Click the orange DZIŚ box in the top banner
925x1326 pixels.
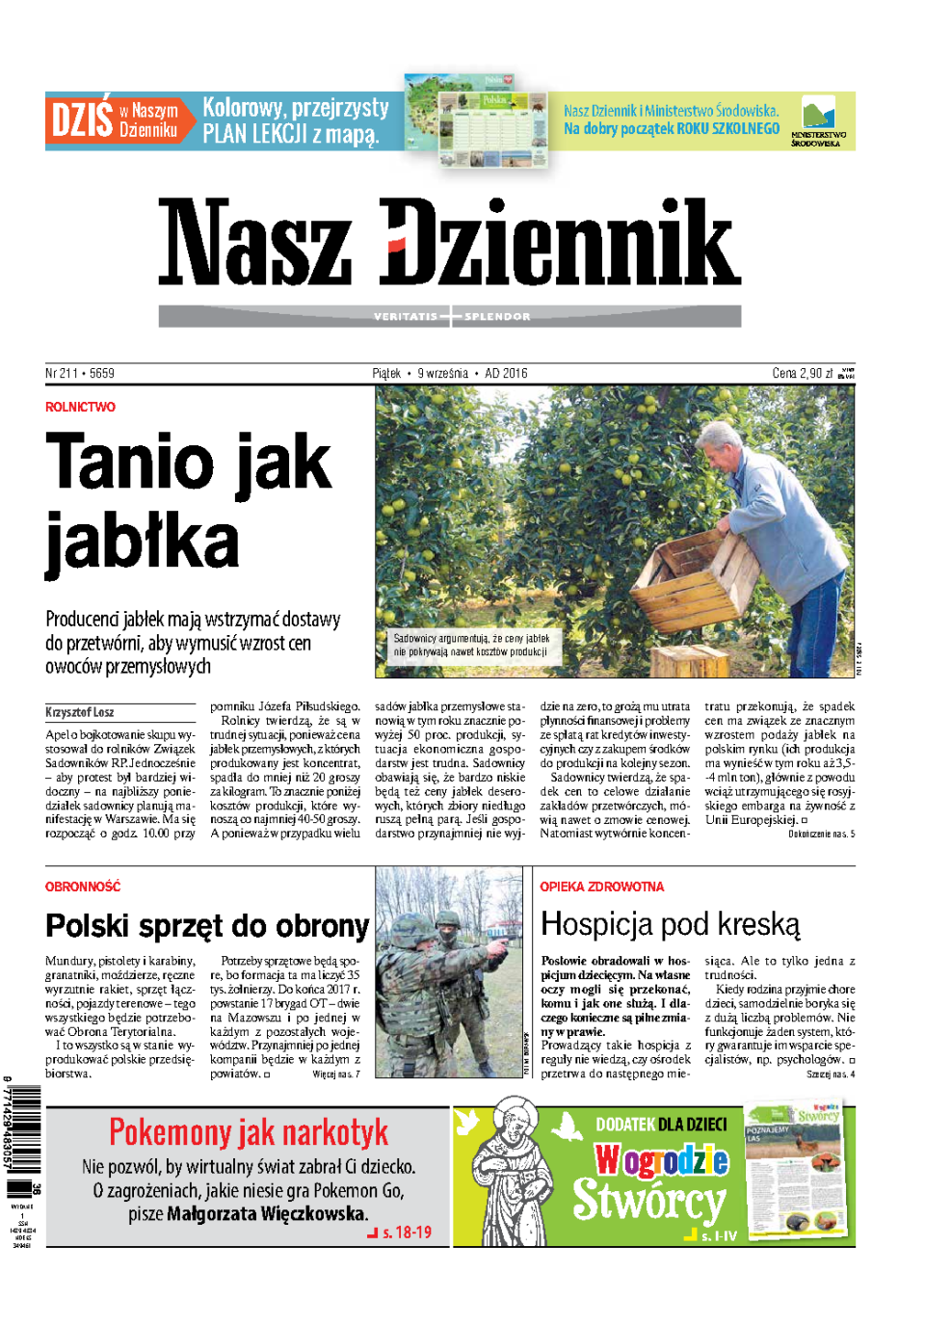pos(82,120)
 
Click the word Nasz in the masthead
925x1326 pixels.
pos(254,242)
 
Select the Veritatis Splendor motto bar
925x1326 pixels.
pos(450,316)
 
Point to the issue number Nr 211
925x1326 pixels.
pos(62,373)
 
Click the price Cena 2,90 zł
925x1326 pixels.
pos(803,373)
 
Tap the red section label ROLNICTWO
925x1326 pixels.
pos(80,407)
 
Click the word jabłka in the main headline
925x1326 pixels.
pos(142,543)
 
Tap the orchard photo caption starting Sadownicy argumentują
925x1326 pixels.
pos(470,645)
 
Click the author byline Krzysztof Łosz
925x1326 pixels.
pos(79,712)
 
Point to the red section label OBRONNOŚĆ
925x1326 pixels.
pos(83,887)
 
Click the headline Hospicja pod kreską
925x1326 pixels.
pos(670,924)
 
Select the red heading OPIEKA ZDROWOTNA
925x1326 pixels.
pos(601,887)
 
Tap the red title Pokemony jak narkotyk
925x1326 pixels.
pos(249,1131)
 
